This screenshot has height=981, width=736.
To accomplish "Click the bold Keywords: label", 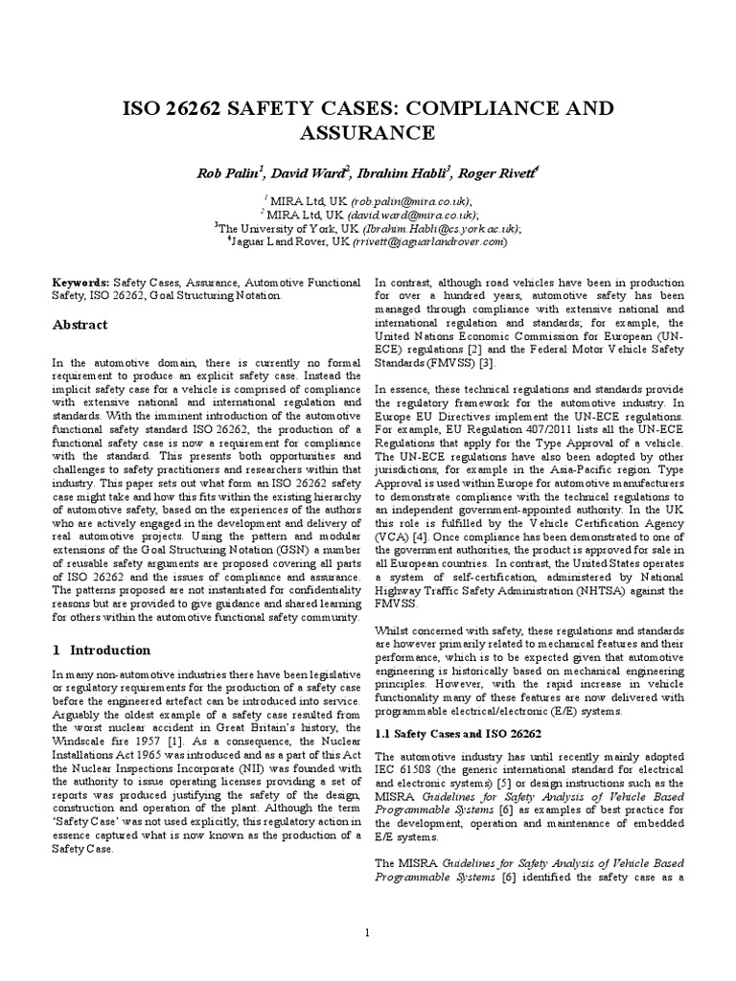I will click(x=80, y=284).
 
